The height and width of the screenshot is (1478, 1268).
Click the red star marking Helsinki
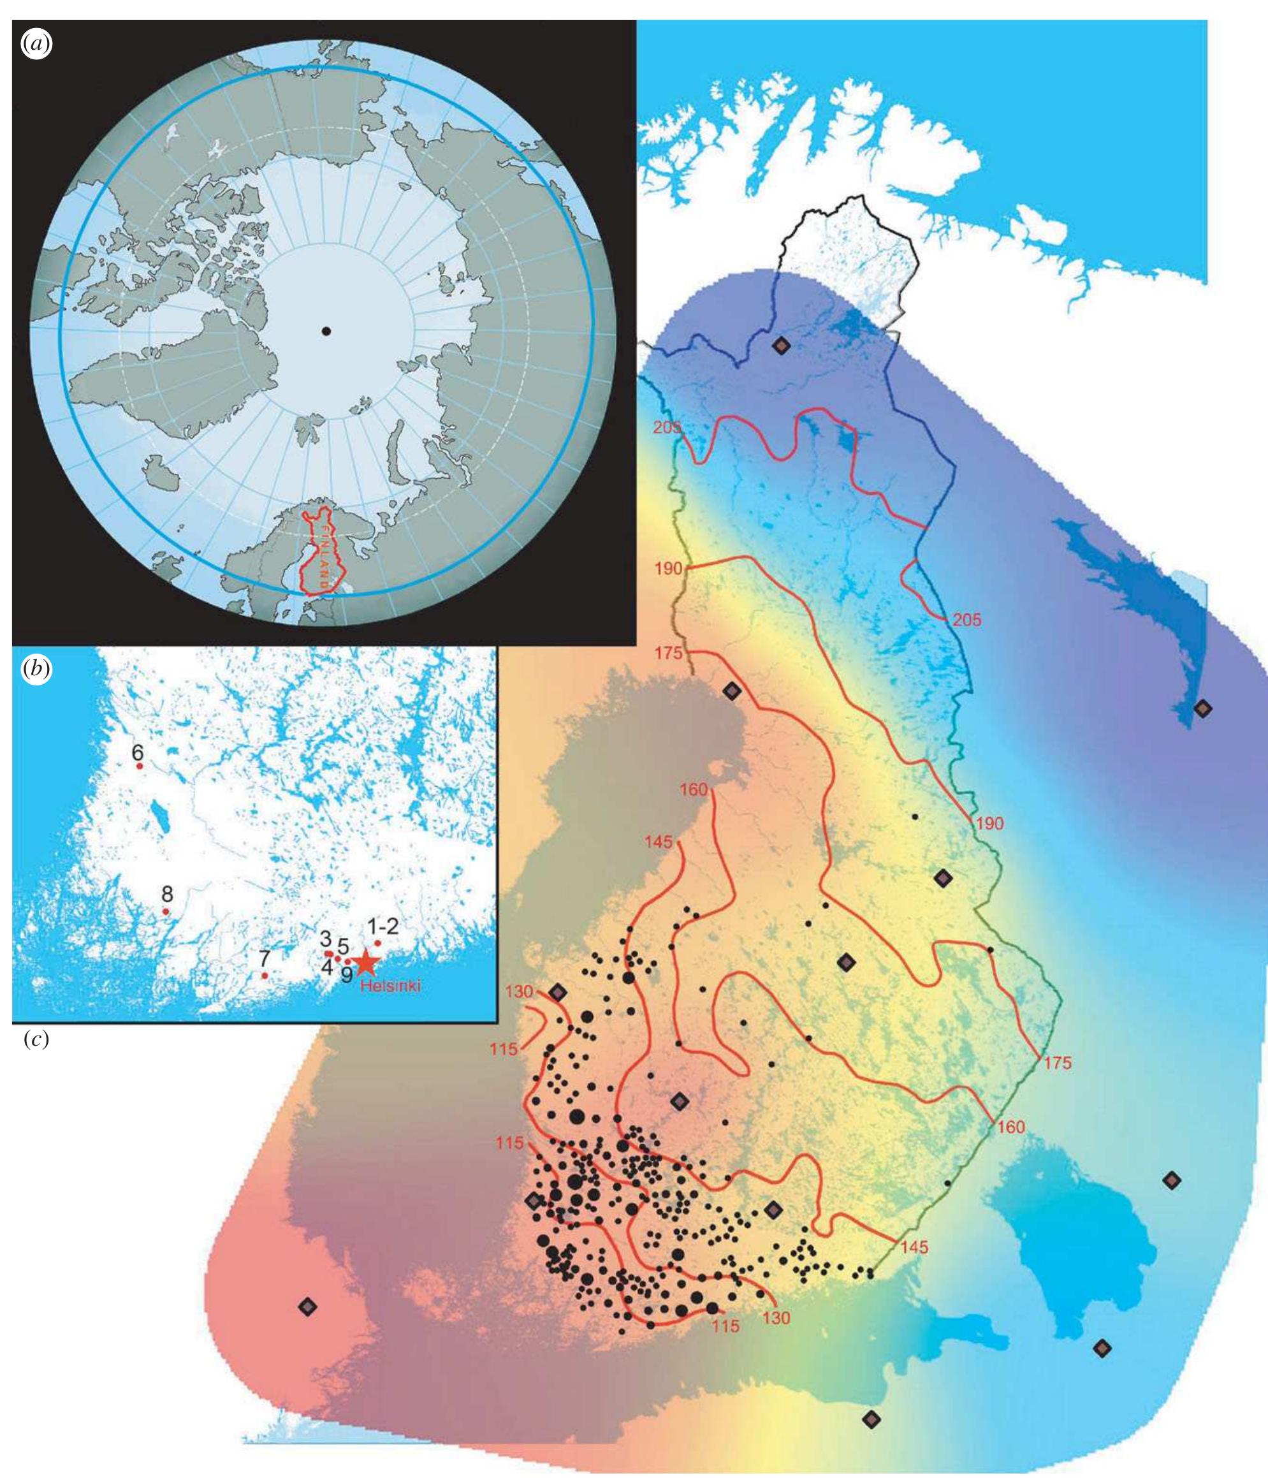point(365,963)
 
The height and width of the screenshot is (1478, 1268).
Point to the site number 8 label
point(167,893)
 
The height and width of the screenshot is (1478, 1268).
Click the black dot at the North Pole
point(326,331)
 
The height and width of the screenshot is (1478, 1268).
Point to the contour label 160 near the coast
point(693,789)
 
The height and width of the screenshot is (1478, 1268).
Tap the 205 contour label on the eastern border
point(966,620)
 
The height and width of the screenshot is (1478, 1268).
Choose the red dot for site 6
point(140,766)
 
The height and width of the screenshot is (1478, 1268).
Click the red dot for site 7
point(265,975)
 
